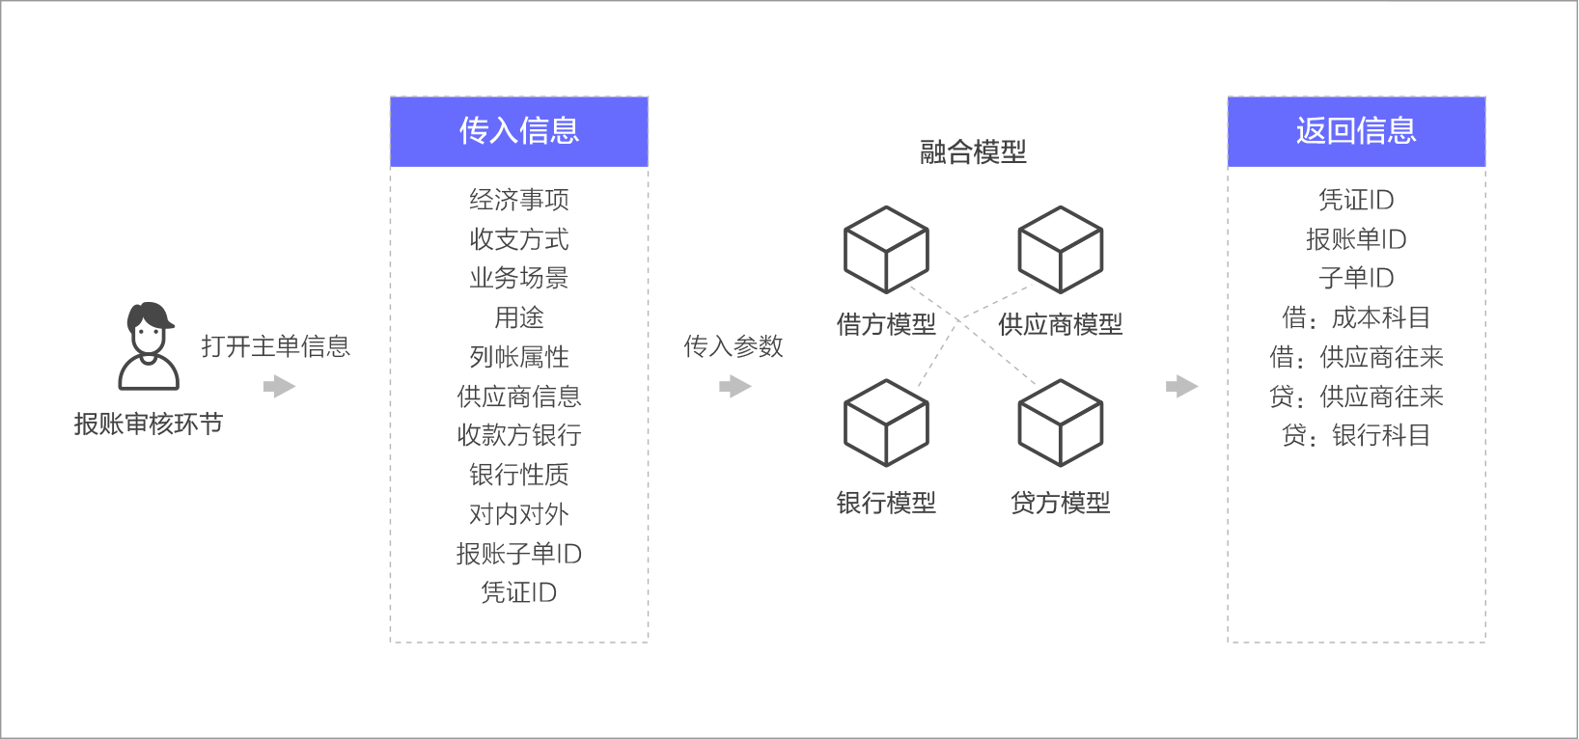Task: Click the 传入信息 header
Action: (519, 131)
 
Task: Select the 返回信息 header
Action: (1356, 131)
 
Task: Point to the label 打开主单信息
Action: (275, 346)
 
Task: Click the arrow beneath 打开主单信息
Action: (279, 387)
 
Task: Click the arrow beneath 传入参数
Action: (735, 387)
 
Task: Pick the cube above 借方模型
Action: (886, 249)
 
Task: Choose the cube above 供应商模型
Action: (1061, 249)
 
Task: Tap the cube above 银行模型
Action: (886, 423)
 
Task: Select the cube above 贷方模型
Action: (1061, 423)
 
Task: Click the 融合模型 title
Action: (973, 151)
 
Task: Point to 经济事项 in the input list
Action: (519, 200)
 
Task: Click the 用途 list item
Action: (519, 317)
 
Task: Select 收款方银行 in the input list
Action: (519, 435)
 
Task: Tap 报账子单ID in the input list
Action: (519, 554)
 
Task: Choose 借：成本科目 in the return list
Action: (1356, 317)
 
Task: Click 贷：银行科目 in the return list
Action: (1356, 435)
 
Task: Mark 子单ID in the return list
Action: (1356, 278)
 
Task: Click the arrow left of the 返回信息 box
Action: (1182, 387)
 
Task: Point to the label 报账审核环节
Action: (149, 424)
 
